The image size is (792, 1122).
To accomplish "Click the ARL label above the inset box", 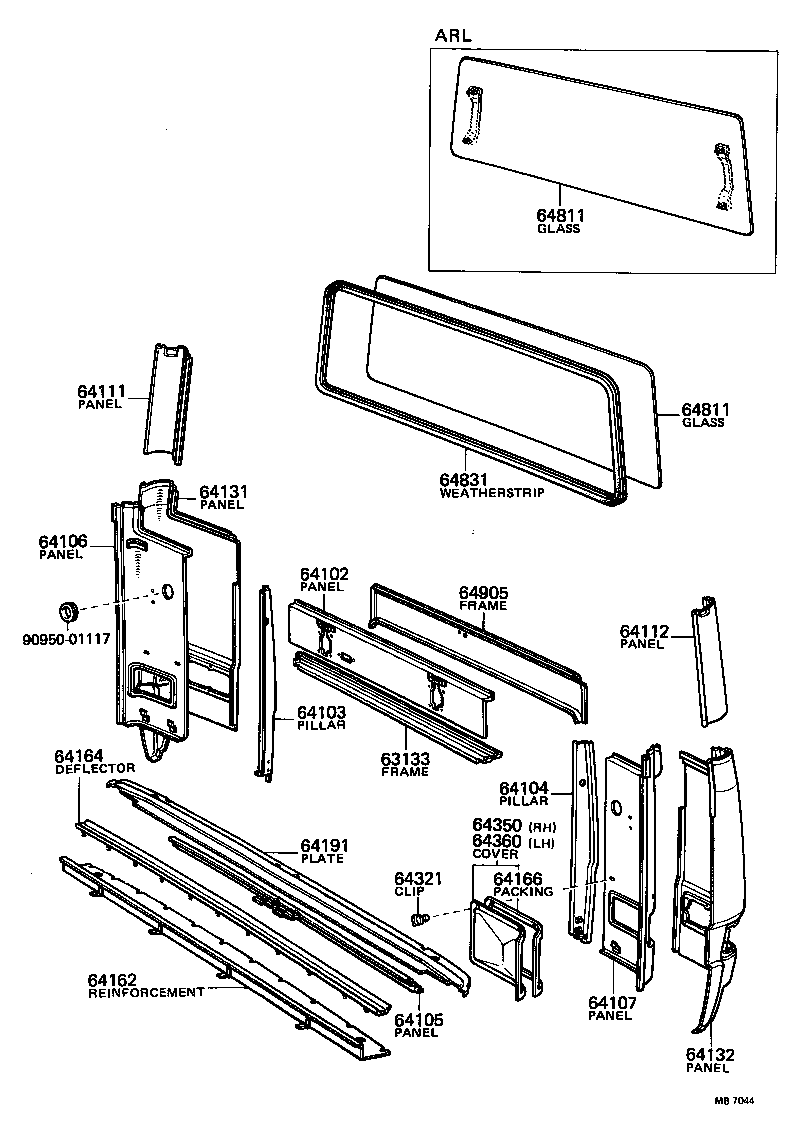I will tap(453, 35).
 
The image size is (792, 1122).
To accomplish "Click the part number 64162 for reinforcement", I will tap(113, 979).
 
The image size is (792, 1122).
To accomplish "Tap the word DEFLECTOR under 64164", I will tap(95, 768).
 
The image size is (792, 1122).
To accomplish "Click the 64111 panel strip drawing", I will tap(168, 400).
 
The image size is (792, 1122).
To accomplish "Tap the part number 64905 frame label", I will tap(484, 593).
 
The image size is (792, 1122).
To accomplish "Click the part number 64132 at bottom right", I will tap(711, 1054).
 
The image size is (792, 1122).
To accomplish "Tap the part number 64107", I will tap(611, 1003).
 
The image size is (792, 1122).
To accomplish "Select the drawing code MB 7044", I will tap(733, 1101).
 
